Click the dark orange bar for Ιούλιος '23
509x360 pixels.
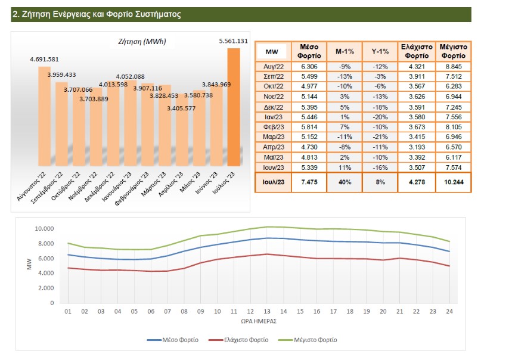point(234,107)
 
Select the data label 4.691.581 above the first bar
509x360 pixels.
point(44,60)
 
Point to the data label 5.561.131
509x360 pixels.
point(234,41)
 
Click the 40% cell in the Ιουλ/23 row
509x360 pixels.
point(345,182)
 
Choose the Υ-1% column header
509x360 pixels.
point(380,51)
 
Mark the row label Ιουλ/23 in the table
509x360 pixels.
point(272,182)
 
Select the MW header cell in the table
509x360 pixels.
point(272,51)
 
